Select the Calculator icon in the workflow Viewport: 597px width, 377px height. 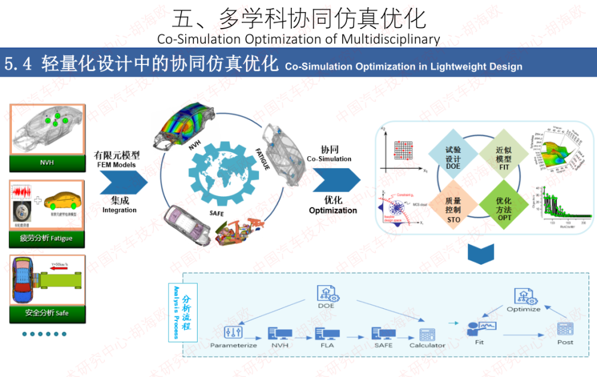coord(427,334)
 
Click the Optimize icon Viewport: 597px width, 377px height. coord(524,296)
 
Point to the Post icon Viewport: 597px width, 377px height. coord(565,329)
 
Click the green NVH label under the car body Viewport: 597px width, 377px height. coord(47,162)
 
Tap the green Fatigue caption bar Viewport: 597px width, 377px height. coord(47,239)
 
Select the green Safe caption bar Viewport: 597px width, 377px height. coord(47,313)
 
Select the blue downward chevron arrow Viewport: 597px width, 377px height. coord(481,253)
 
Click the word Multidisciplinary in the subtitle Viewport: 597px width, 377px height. coord(391,40)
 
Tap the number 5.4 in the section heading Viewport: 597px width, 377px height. coord(19,64)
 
